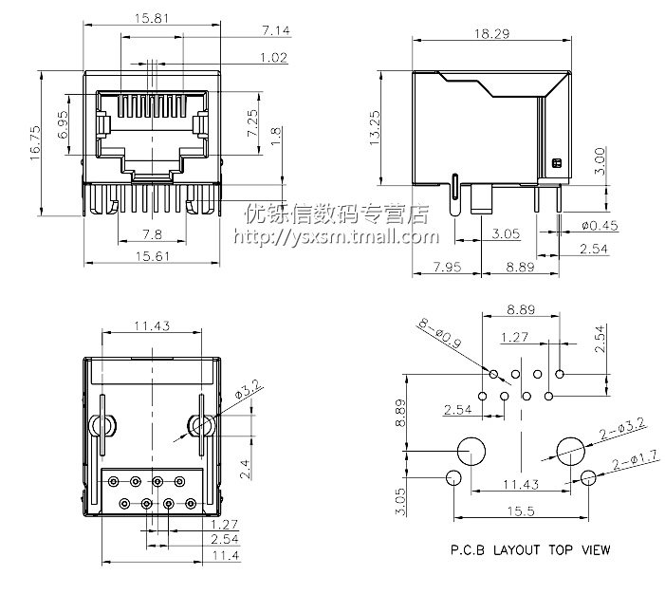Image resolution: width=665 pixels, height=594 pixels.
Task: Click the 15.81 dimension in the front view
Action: pos(152,18)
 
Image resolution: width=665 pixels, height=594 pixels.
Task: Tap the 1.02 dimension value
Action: pos(272,57)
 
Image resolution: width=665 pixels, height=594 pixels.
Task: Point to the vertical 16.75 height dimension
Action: pos(35,142)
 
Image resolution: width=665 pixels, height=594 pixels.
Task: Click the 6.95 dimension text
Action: pos(63,126)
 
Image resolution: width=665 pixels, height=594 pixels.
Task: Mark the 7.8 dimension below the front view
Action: pos(150,233)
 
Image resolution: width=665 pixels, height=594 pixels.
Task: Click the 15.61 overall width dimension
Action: pos(152,256)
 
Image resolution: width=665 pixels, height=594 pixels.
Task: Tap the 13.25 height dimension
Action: pos(375,126)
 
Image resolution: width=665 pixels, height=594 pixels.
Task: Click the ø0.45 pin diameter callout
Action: pos(600,225)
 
